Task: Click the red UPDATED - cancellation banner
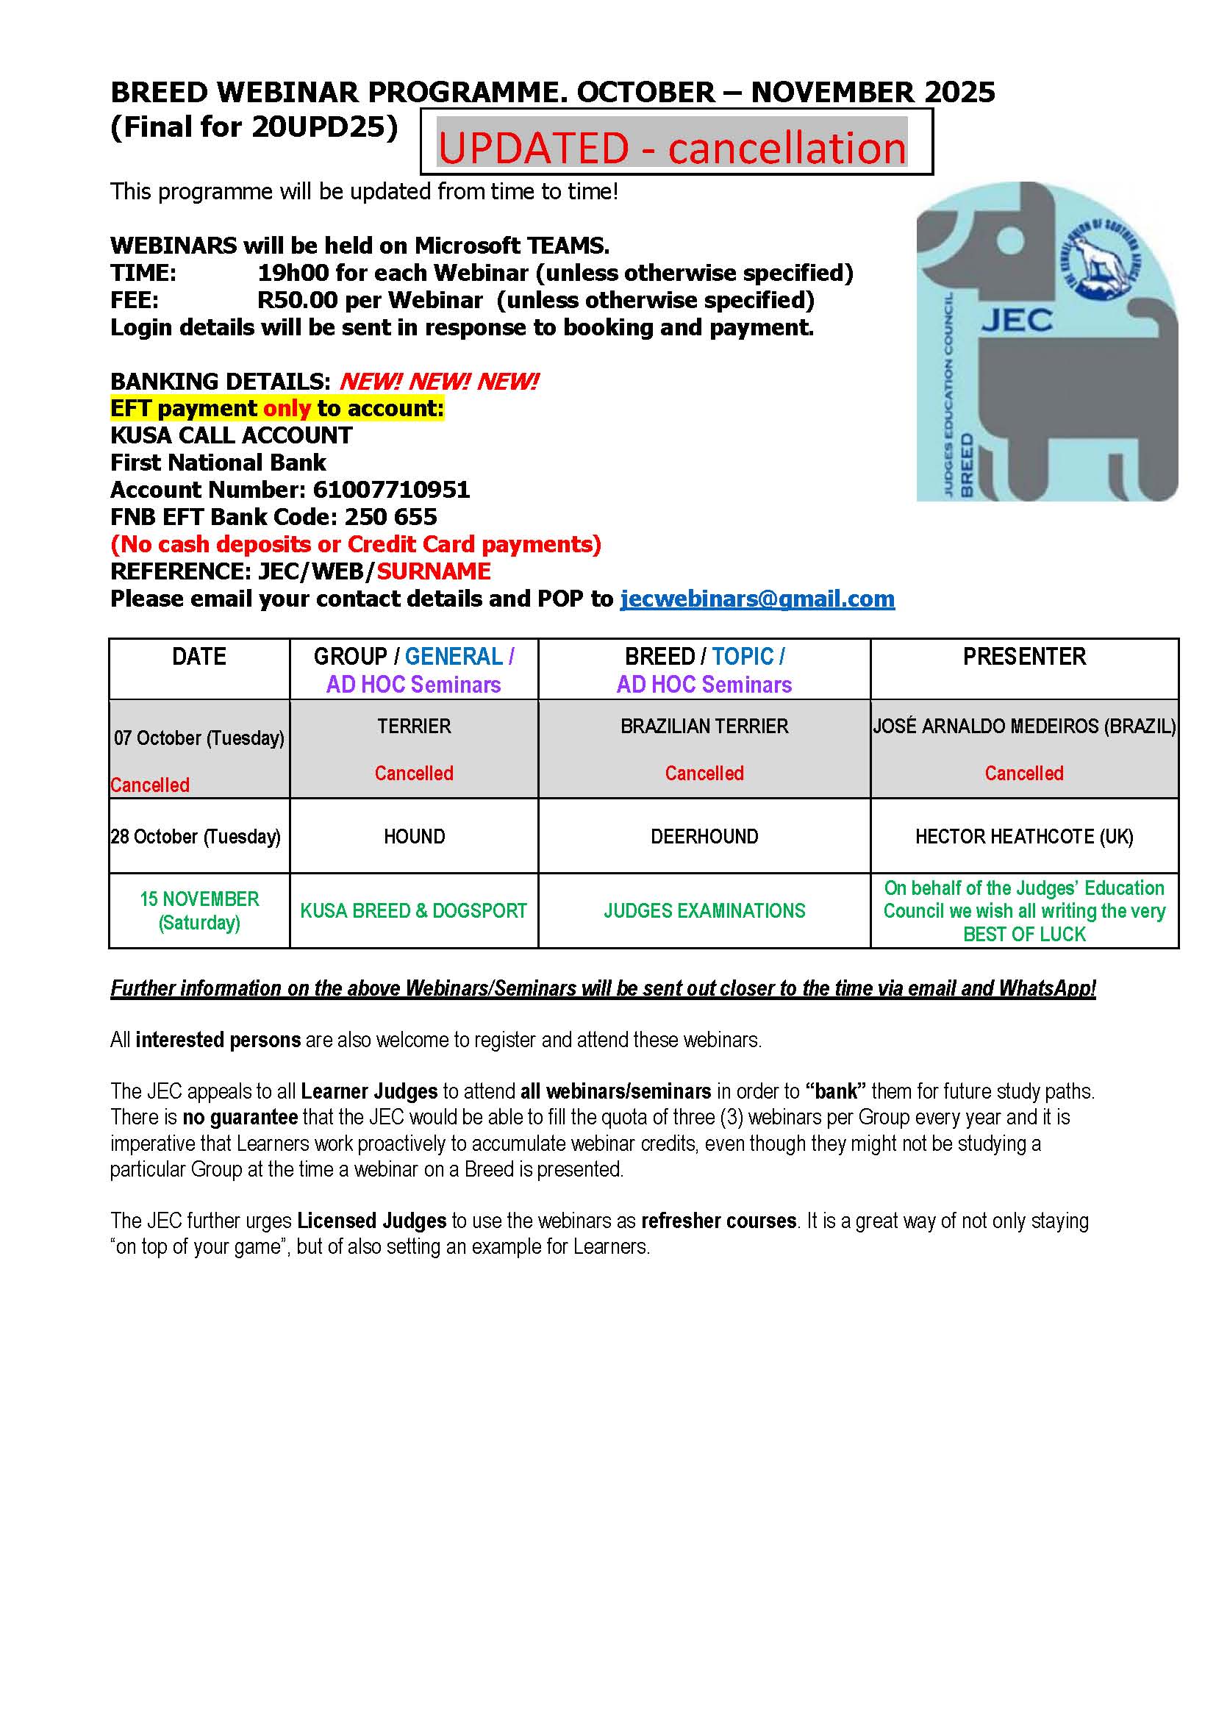[x=672, y=148]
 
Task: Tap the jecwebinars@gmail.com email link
[x=757, y=599]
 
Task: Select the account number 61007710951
[x=391, y=490]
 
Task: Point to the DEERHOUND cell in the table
[x=704, y=836]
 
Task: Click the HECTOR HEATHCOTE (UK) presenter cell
[x=1023, y=836]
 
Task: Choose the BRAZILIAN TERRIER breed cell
[x=704, y=726]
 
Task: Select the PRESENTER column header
[x=1023, y=656]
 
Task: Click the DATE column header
[x=199, y=656]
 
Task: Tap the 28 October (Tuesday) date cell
[x=196, y=836]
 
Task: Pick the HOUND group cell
[x=414, y=836]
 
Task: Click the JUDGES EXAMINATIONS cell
[x=704, y=910]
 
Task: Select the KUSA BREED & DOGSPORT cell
[x=413, y=910]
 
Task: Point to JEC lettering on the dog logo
[x=1017, y=321]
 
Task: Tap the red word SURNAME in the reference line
[x=434, y=571]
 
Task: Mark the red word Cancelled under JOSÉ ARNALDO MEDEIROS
[x=1023, y=773]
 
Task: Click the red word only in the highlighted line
[x=286, y=408]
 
